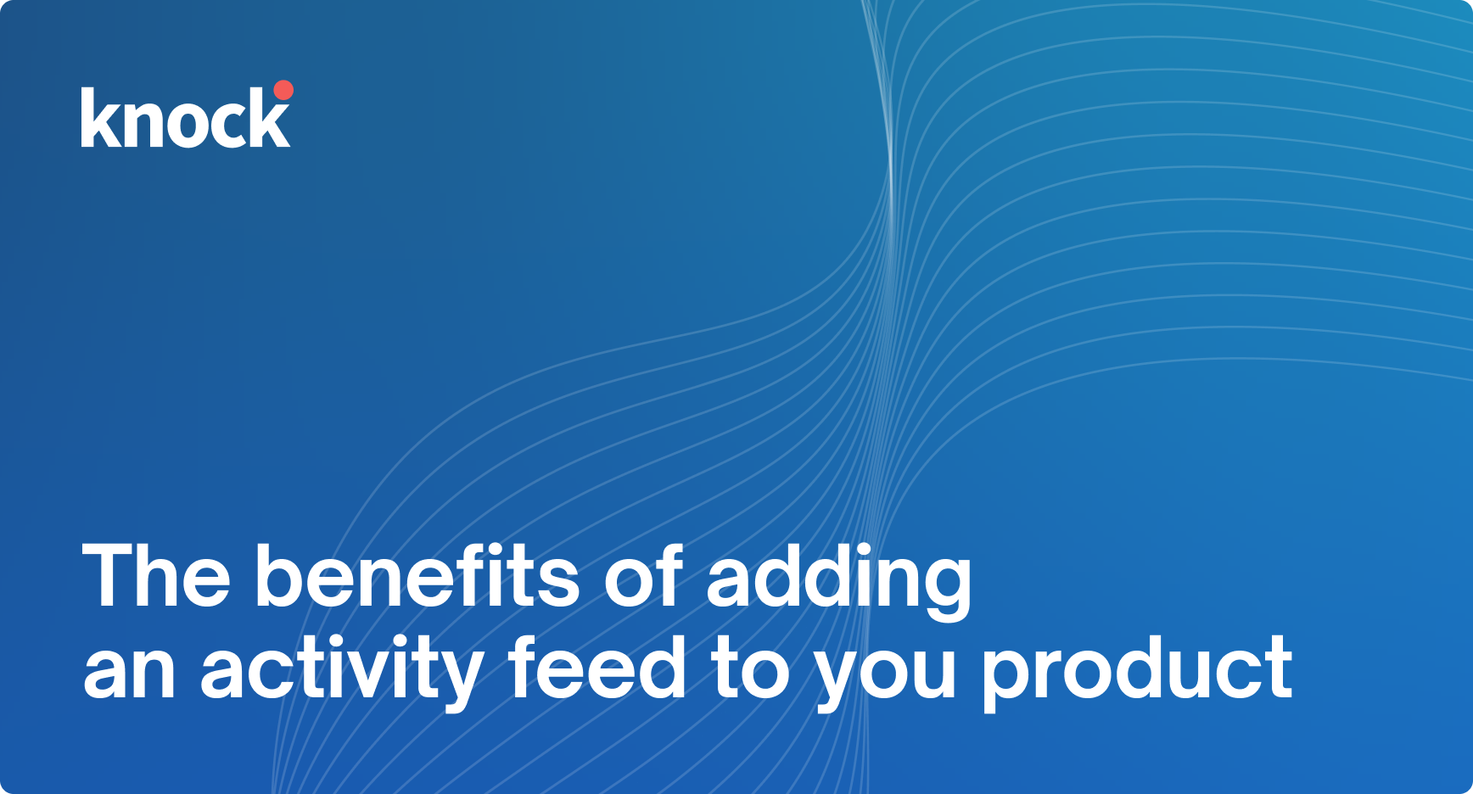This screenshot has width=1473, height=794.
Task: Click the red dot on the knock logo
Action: click(x=283, y=91)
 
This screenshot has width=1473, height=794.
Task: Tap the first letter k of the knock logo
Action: click(x=98, y=119)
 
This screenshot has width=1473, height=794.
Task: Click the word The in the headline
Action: click(x=157, y=577)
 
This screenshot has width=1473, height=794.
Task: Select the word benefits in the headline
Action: click(x=417, y=577)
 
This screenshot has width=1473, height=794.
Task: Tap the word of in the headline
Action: click(x=643, y=577)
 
